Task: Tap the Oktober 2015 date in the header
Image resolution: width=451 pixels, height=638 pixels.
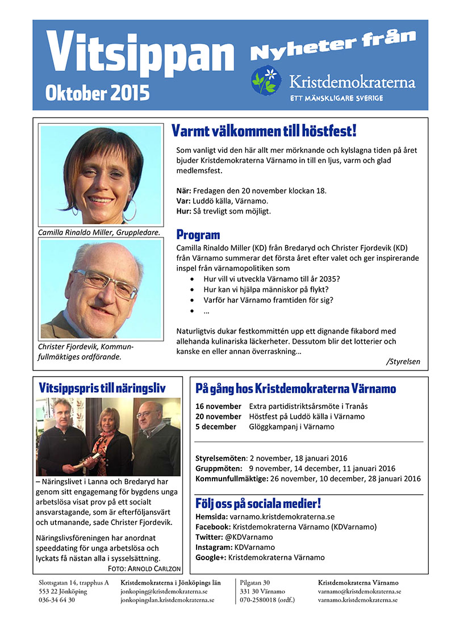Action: pos(98,91)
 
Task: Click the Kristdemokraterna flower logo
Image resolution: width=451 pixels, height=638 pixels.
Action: pos(266,80)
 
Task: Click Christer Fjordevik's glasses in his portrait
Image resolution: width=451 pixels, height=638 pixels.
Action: pos(105,283)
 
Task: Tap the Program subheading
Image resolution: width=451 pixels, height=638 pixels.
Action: pos(198,235)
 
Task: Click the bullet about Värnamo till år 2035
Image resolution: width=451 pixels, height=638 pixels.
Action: pos(272,279)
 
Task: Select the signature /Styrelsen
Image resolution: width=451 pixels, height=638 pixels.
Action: pos(403,361)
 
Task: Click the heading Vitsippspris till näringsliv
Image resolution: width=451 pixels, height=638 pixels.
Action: pos(102,389)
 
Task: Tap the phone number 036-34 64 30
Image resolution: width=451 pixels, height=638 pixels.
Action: pos(56,600)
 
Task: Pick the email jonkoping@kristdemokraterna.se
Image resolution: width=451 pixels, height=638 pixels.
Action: pos(164,591)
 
